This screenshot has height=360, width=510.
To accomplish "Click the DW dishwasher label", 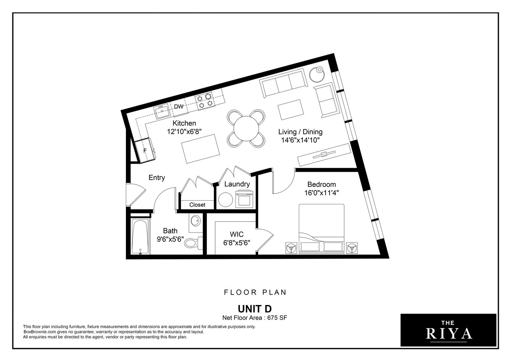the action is [178, 106].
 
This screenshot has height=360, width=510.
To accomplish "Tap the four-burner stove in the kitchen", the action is [205, 101].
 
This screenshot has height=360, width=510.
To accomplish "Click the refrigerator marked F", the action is [145, 150].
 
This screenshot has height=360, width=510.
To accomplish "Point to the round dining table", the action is [246, 129].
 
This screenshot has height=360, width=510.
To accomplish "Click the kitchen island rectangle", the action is [200, 149].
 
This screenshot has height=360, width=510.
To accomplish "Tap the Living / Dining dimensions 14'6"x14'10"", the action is [300, 140].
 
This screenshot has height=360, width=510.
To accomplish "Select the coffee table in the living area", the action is [290, 110].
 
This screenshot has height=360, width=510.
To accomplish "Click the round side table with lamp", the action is [317, 74].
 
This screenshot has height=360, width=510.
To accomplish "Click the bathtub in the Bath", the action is [140, 236].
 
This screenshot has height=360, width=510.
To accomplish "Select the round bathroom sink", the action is [195, 220].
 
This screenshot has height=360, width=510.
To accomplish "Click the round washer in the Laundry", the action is [226, 200].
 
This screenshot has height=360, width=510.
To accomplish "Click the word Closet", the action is [197, 205].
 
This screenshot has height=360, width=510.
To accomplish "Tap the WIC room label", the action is [237, 234].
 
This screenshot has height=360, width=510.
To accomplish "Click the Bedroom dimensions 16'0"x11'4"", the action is [322, 193].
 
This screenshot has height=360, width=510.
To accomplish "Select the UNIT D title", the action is [255, 309].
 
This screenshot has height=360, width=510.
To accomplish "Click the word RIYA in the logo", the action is [449, 334].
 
